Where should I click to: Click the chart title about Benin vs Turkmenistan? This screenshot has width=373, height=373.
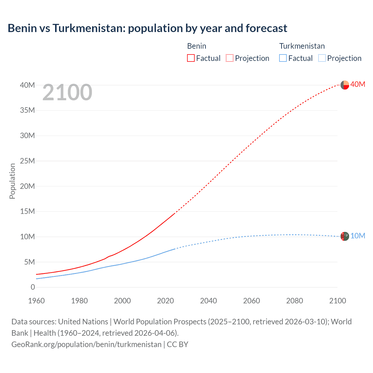(x=147, y=28)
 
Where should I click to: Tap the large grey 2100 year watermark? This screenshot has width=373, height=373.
(x=67, y=92)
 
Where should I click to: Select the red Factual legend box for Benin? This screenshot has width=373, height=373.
(x=191, y=58)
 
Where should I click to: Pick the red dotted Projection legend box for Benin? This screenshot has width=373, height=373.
(x=230, y=58)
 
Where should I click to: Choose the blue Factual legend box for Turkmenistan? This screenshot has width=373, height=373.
(x=283, y=58)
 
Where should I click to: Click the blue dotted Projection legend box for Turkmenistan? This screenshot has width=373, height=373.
(x=322, y=58)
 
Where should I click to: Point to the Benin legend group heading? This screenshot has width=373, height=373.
(x=196, y=46)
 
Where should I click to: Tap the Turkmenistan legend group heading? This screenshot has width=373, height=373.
(x=302, y=46)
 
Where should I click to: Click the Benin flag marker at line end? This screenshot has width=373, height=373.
(x=345, y=85)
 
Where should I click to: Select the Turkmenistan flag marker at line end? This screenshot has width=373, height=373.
(x=345, y=236)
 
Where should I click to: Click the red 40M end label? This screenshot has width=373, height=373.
(x=358, y=84)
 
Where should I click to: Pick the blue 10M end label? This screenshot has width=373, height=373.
(x=358, y=236)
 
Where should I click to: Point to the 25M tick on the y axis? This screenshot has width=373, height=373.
(x=27, y=161)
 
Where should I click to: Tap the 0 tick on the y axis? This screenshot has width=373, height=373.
(x=33, y=287)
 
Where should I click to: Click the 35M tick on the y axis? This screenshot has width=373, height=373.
(x=27, y=110)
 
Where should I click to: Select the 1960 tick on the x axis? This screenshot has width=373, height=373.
(x=36, y=301)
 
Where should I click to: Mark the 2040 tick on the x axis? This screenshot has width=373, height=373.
(x=208, y=301)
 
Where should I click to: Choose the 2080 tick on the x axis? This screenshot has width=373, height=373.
(x=294, y=301)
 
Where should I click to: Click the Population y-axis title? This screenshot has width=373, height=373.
(x=12, y=181)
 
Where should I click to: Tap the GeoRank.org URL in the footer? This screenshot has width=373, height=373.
(x=86, y=344)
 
